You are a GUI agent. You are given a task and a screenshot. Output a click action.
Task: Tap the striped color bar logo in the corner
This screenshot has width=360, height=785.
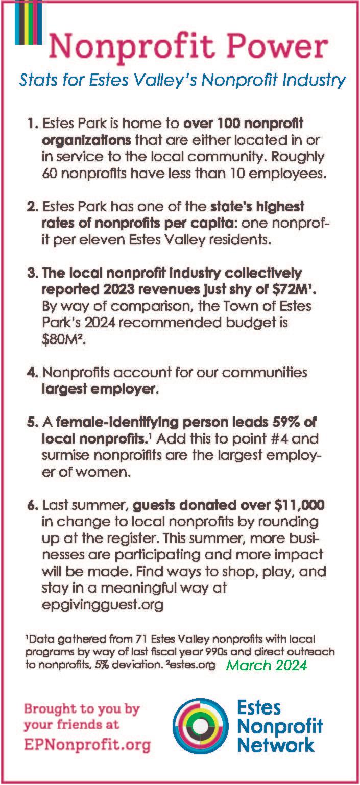point(28,22)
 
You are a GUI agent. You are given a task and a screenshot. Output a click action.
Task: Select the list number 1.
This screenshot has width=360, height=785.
point(33,124)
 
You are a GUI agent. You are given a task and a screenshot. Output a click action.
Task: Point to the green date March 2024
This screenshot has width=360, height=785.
point(267,666)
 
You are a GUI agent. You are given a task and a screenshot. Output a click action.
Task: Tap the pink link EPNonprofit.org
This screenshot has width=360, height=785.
point(87,745)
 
